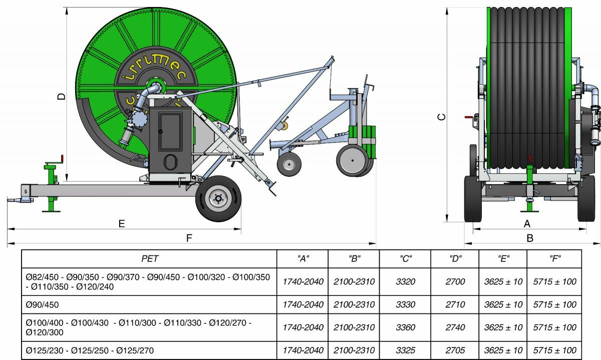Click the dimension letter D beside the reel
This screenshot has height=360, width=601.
62,96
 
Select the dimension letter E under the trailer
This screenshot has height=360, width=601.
122,223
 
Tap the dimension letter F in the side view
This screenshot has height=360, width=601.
189,238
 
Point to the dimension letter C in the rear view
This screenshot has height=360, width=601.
441,117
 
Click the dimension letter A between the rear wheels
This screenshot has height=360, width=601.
527,223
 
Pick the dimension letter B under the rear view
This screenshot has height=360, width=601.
530,238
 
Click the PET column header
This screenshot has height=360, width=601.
150,258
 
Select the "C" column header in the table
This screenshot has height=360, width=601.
405,258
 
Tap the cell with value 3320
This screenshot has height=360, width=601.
405,281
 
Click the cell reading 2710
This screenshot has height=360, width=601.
455,304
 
